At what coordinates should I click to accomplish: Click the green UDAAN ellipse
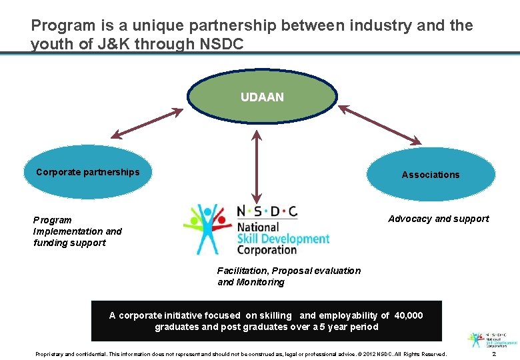pyautogui.click(x=262, y=97)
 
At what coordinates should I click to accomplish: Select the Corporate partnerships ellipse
pyautogui.click(x=87, y=173)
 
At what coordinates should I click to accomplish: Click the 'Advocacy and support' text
pyautogui.click(x=438, y=219)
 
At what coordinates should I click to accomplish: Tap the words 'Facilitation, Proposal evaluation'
pyautogui.click(x=289, y=271)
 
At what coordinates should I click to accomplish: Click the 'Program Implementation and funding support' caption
pyautogui.click(x=77, y=231)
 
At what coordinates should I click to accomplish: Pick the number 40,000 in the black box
pyautogui.click(x=408, y=315)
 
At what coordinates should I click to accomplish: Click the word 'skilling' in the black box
pyautogui.click(x=275, y=315)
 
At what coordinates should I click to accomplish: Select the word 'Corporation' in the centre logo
pyautogui.click(x=267, y=250)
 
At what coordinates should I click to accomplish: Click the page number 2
pyautogui.click(x=503, y=353)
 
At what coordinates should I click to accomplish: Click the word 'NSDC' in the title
pyautogui.click(x=222, y=44)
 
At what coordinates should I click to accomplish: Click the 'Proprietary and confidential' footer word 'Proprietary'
pyautogui.click(x=49, y=353)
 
